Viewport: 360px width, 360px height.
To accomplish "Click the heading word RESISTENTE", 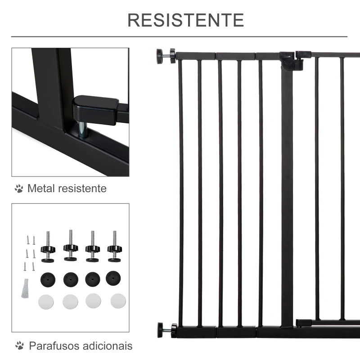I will click(x=185, y=20).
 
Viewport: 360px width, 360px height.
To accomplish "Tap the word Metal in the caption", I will click(x=41, y=188).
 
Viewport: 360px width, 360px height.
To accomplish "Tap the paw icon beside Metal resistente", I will click(x=18, y=189).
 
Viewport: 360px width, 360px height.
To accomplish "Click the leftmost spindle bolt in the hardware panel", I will click(x=48, y=247).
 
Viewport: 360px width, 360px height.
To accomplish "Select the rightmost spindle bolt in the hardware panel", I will click(x=114, y=247).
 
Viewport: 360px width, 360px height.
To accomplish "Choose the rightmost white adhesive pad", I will click(x=118, y=300).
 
